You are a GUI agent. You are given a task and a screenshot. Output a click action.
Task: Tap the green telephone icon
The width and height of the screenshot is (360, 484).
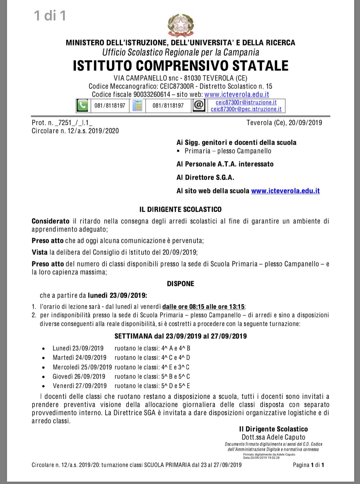(82, 106)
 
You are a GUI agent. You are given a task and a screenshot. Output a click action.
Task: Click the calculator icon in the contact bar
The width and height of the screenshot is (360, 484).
(137, 106)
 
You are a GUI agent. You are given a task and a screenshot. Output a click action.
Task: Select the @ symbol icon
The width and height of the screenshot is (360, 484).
(199, 105)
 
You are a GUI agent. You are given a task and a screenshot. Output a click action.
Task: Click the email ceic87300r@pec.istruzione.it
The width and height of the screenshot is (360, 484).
(246, 109)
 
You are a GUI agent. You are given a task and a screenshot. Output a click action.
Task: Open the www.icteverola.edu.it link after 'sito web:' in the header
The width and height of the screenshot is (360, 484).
(237, 94)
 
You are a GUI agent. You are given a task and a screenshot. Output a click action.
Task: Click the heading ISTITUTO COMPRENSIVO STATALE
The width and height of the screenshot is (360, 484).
(181, 66)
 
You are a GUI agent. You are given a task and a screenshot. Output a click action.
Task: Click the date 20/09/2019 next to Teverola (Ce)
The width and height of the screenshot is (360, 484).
(305, 123)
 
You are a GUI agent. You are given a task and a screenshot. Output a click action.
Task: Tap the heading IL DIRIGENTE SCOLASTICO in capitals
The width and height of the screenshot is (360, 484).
(180, 209)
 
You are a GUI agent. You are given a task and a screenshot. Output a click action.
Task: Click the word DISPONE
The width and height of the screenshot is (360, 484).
(181, 284)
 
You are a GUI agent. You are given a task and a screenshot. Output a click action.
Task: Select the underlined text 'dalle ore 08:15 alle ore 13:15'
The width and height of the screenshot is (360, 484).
(204, 306)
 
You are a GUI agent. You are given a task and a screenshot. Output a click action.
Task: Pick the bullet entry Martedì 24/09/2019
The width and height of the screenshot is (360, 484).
(80, 358)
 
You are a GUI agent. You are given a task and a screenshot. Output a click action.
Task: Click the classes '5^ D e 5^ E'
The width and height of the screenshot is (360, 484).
(176, 386)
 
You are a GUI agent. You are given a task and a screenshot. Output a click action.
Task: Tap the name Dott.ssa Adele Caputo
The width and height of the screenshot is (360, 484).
(273, 437)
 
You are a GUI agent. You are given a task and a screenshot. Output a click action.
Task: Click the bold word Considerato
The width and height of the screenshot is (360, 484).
(51, 221)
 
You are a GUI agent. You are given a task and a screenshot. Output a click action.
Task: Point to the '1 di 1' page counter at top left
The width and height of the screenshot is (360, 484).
(50, 16)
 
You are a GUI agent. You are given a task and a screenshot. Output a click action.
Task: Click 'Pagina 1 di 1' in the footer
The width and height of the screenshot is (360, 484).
(308, 465)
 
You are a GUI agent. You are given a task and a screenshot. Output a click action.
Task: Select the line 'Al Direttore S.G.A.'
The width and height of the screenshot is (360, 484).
(205, 178)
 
